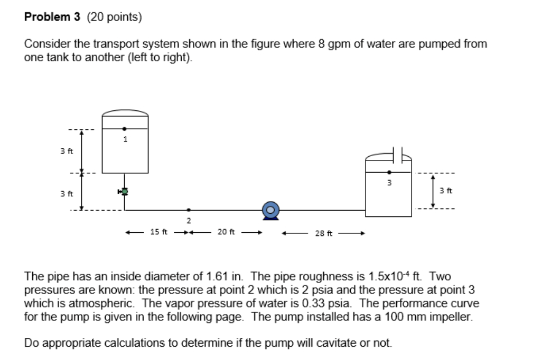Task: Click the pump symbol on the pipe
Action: (x=270, y=210)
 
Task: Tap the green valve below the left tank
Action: (x=124, y=192)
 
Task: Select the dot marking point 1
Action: (x=125, y=128)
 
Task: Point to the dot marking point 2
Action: (x=189, y=210)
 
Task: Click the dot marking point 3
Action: (x=389, y=172)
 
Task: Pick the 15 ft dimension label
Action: (x=158, y=231)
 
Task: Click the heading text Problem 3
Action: (x=52, y=17)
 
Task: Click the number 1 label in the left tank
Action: (x=125, y=140)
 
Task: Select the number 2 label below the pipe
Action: (x=189, y=220)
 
